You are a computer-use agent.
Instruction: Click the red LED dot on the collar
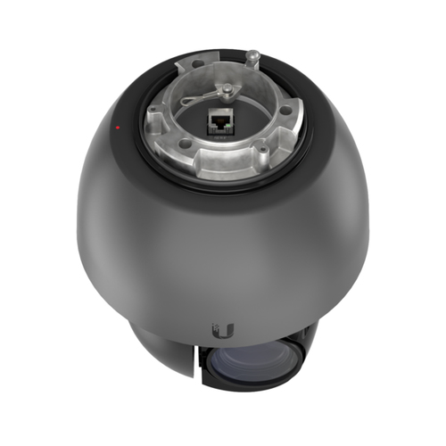(x=118, y=128)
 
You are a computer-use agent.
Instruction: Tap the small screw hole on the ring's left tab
(x=153, y=113)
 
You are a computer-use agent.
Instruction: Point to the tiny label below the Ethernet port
(x=220, y=137)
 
